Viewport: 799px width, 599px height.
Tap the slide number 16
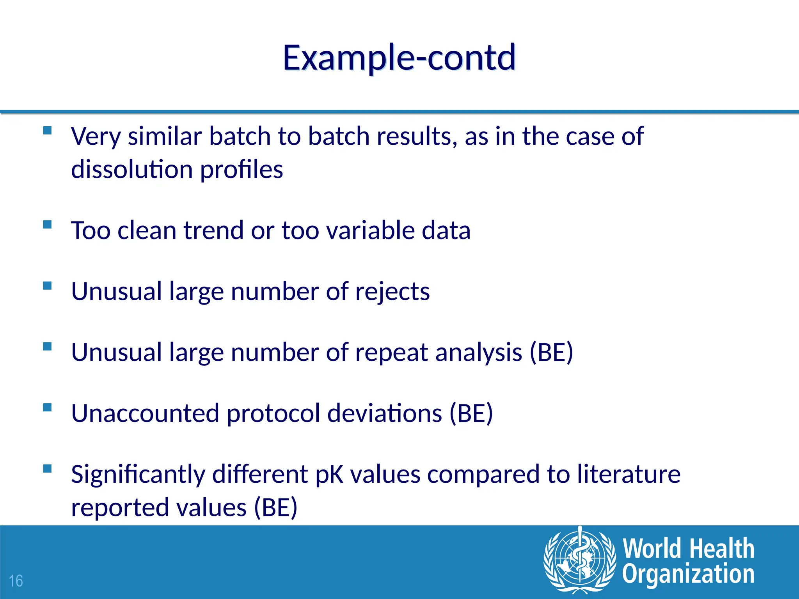tap(16, 581)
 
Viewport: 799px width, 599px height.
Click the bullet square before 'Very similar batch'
tap(48, 130)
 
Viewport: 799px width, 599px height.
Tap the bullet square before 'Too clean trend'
tap(48, 224)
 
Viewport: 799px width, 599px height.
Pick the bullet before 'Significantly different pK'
tap(48, 468)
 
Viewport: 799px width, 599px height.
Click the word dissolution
tap(132, 169)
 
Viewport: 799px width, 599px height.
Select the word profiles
tap(241, 169)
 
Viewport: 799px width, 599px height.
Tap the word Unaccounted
tap(145, 413)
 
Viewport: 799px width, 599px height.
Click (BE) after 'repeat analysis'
tap(551, 353)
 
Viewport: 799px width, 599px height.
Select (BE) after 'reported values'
tap(275, 508)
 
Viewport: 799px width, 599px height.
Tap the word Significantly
tap(138, 475)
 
